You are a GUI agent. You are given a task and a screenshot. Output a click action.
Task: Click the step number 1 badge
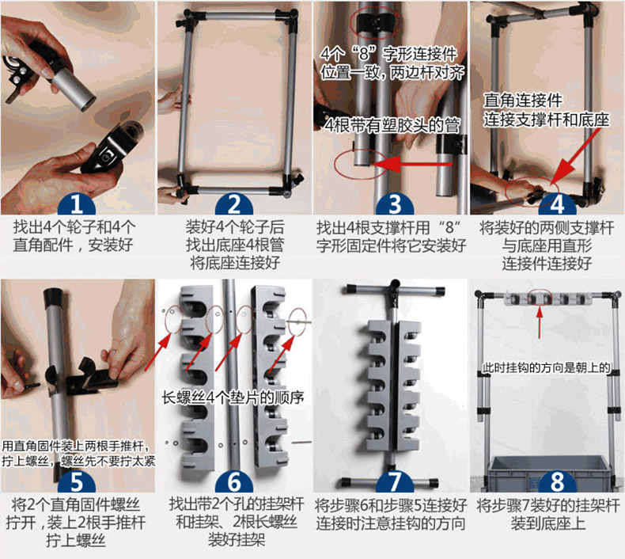point(77,204)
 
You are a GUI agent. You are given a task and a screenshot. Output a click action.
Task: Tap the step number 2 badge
point(234,204)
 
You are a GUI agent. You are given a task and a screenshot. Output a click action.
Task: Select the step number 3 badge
point(395,204)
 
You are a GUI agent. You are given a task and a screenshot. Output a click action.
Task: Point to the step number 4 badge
point(557,204)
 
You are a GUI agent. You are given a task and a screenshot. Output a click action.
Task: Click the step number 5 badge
point(77,481)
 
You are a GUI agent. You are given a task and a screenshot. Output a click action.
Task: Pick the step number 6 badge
point(234,481)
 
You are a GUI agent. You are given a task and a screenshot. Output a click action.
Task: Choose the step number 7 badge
point(395,481)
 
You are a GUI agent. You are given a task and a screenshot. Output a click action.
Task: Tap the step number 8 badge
point(557,481)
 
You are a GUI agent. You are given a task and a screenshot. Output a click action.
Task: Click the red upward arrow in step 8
point(540,322)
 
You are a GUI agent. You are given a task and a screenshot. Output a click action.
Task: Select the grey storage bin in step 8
point(548,473)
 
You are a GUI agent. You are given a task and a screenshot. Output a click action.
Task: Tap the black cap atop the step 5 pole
point(54,296)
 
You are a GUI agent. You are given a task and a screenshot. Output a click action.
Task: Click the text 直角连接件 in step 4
point(523,100)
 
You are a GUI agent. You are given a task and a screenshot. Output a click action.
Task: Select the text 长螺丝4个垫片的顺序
point(233,397)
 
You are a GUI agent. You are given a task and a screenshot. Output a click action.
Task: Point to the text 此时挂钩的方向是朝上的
point(547,367)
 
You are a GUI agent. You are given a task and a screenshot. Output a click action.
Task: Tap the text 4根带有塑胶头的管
point(392,125)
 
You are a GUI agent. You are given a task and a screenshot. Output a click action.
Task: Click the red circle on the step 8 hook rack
point(540,297)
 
